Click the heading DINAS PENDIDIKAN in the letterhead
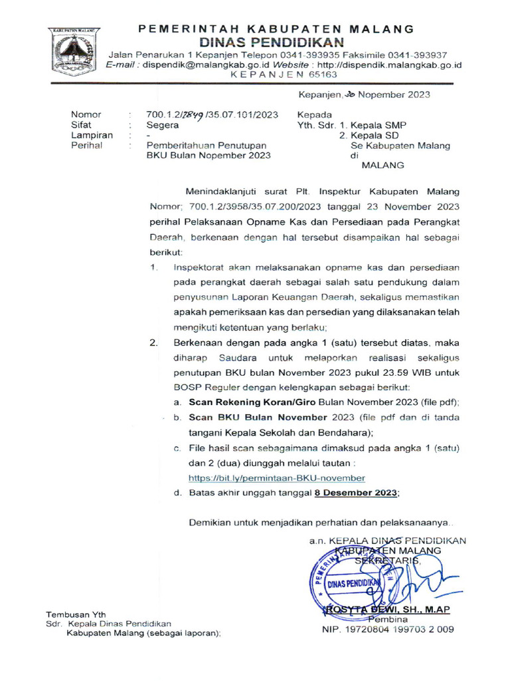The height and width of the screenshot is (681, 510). (276, 41)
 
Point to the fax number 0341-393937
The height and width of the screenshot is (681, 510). (412, 55)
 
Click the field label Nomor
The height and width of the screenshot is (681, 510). (86, 114)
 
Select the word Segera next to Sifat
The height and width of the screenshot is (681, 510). (162, 124)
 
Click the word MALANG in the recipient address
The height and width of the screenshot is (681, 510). (382, 165)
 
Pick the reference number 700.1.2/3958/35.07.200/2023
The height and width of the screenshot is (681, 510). (255, 207)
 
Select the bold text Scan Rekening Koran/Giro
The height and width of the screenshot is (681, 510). (253, 403)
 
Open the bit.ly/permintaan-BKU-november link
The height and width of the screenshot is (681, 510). (277, 478)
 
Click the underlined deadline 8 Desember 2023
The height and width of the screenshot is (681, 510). (357, 493)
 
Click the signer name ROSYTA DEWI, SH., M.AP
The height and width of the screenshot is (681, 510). (387, 609)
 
